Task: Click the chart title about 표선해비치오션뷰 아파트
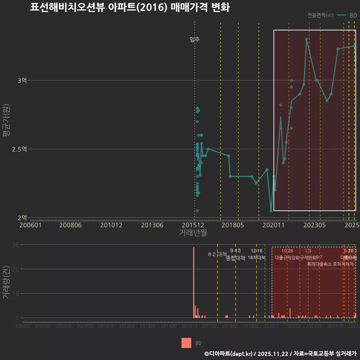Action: (x=130, y=7)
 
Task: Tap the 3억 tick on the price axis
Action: (x=22, y=80)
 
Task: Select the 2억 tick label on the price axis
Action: (x=22, y=217)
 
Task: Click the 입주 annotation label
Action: (x=195, y=39)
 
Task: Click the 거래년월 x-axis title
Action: (x=193, y=232)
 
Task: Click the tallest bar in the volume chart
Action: (x=193, y=282)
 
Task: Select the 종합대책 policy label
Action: (x=235, y=258)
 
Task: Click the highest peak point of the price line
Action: (x=306, y=39)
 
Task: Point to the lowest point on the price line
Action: (x=271, y=210)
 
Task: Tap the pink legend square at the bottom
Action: (x=186, y=343)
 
